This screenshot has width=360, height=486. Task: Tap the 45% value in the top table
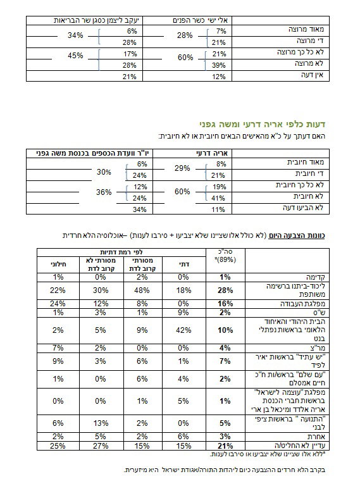75,56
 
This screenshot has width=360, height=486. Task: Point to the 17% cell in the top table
132,53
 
